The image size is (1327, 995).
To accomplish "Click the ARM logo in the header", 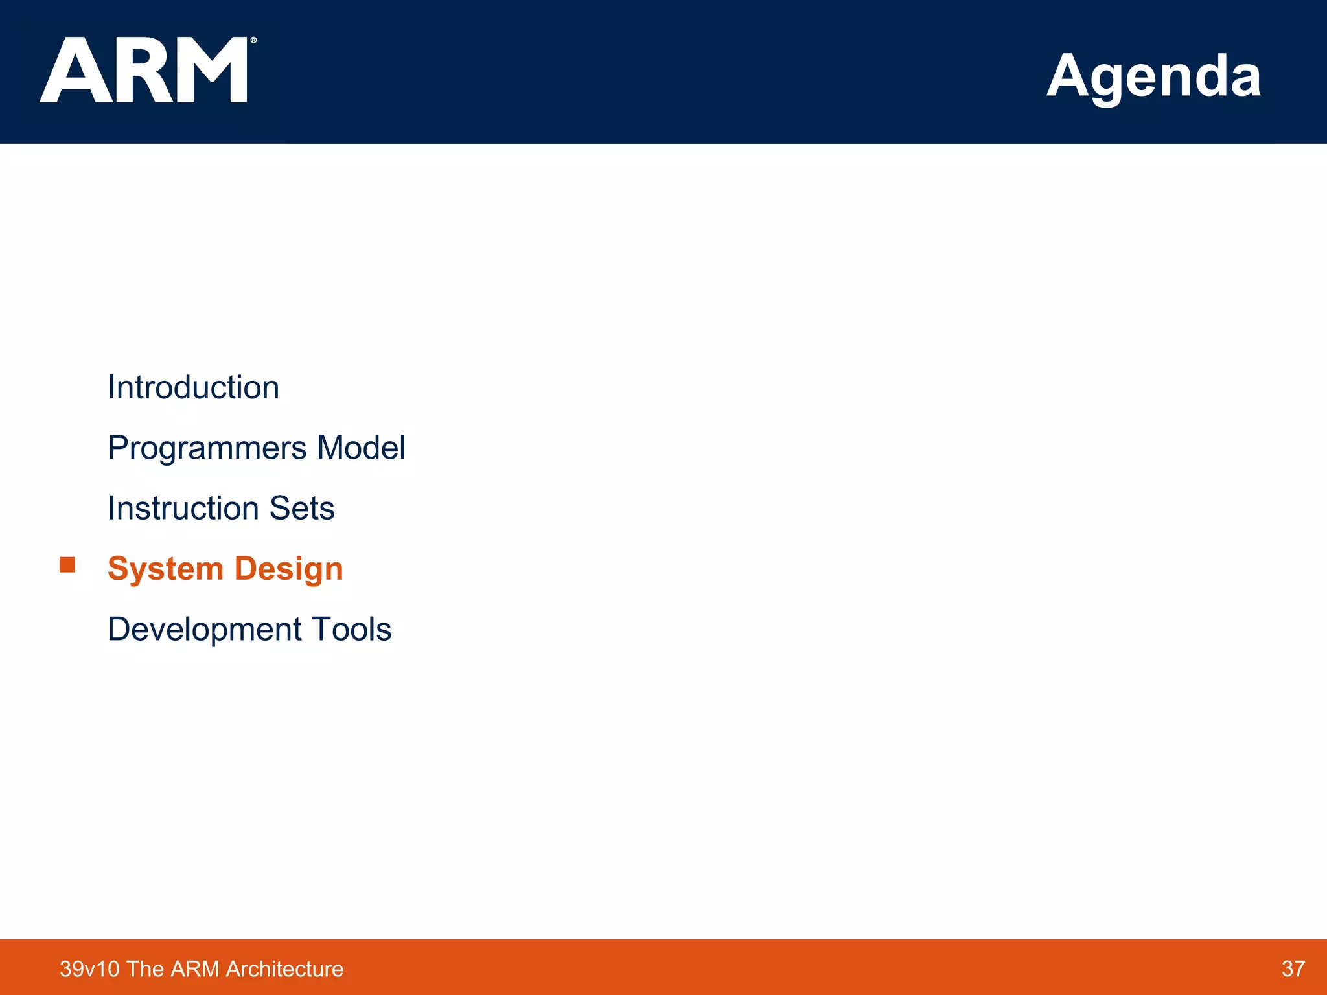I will pos(144,70).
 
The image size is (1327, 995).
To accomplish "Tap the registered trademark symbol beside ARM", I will pos(253,40).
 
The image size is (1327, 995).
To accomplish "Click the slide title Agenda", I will pos(1153,76).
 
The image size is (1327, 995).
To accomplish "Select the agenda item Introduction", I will pos(193,387).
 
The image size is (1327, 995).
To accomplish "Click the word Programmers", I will pos(207,448).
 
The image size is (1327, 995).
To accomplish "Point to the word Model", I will pos(362,448).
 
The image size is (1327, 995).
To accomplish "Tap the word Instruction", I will pos(183,508).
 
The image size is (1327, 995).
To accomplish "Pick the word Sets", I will pos(302,508).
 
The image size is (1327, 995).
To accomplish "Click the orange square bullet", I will pos(67,565).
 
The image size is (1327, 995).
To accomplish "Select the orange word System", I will pos(165,569).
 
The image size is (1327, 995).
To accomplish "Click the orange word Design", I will pos(288,569).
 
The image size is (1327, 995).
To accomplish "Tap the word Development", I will pos(204,629).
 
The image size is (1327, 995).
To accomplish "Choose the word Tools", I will pos(351,629).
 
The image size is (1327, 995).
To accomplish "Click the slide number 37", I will pos(1293,968).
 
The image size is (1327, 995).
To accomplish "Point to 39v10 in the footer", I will pos(89,969).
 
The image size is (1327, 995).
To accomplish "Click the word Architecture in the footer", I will pos(284,969).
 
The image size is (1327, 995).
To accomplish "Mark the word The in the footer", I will pos(145,969).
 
